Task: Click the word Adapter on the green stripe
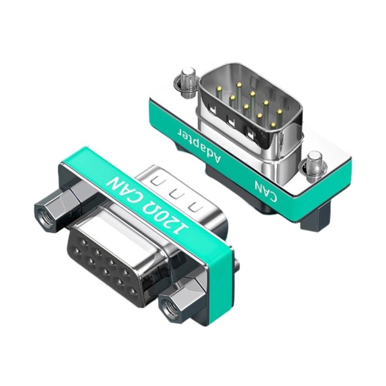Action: coord(200,145)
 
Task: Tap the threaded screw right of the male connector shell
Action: coord(314,163)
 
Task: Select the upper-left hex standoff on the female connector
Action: coord(58,207)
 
